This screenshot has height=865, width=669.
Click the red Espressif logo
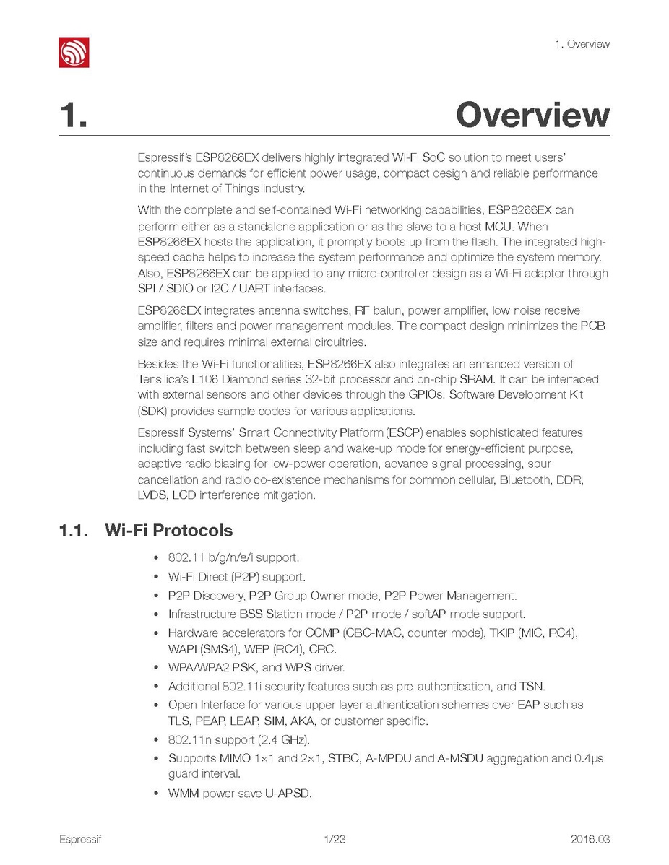click(x=74, y=52)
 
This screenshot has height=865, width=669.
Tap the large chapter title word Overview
click(x=532, y=116)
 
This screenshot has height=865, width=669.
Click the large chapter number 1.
click(x=74, y=116)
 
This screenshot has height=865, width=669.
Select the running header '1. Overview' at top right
click(x=582, y=44)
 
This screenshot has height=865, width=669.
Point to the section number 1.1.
click(x=74, y=531)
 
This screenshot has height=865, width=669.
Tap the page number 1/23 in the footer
click(x=334, y=839)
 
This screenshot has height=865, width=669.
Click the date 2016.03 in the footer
click(x=590, y=839)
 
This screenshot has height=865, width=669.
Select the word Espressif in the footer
click(x=80, y=839)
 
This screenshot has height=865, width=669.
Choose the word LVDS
click(x=152, y=496)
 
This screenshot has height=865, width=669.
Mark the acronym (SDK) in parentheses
click(x=152, y=412)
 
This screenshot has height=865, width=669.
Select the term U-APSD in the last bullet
click(x=288, y=794)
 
